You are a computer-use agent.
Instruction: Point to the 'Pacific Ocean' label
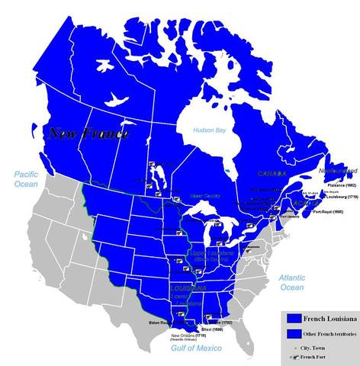click(26, 180)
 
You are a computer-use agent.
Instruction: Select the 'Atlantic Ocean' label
click(291, 281)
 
